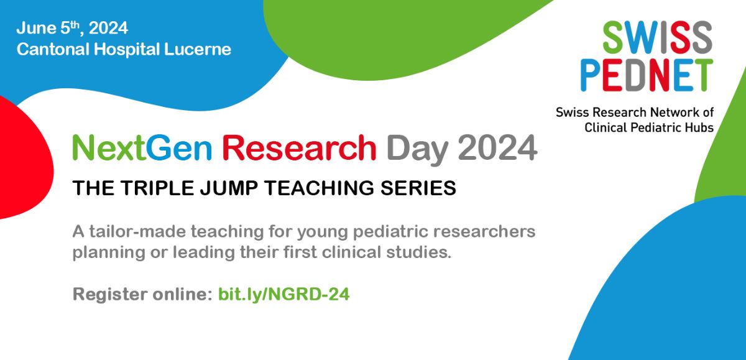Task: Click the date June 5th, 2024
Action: pyautogui.click(x=72, y=28)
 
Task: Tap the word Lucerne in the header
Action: pyautogui.click(x=197, y=49)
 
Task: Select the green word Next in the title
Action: pyautogui.click(x=109, y=147)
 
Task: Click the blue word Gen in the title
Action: pyautogui.click(x=179, y=147)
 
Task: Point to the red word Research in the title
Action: pyautogui.click(x=299, y=147)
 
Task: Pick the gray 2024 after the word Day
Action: pyautogui.click(x=497, y=147)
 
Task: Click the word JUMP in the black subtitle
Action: pyautogui.click(x=229, y=188)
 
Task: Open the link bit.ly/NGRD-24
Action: pyautogui.click(x=283, y=294)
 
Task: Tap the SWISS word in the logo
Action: pyautogui.click(x=658, y=37)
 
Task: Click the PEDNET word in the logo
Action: pyautogui.click(x=647, y=75)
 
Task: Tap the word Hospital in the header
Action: pyautogui.click(x=127, y=50)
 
